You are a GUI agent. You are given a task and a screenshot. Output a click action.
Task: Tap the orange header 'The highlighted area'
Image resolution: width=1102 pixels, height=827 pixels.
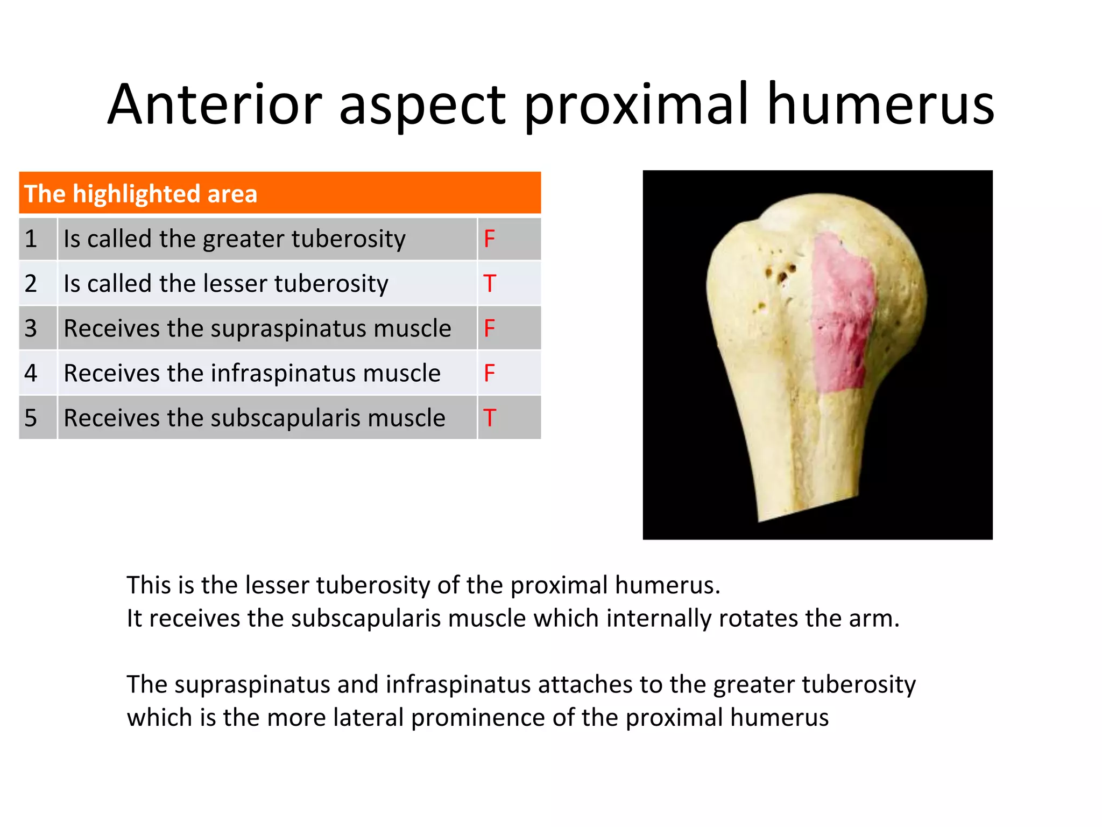tap(141, 194)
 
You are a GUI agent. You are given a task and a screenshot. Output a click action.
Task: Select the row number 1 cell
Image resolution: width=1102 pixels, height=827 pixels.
tap(31, 239)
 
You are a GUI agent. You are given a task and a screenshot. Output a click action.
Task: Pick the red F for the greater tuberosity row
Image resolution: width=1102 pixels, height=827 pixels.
tap(489, 239)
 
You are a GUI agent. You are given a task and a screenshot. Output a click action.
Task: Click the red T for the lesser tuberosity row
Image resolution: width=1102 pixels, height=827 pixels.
tap(489, 284)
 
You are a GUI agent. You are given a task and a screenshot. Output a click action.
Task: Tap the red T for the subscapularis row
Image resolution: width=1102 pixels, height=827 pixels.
tap(489, 418)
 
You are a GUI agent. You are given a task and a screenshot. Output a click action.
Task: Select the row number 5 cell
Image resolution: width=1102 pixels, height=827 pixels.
tap(31, 418)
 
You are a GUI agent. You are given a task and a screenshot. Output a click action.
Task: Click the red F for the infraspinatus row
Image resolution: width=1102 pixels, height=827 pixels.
tap(489, 374)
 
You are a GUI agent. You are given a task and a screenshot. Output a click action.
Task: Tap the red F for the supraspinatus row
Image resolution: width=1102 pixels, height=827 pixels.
tap(489, 329)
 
